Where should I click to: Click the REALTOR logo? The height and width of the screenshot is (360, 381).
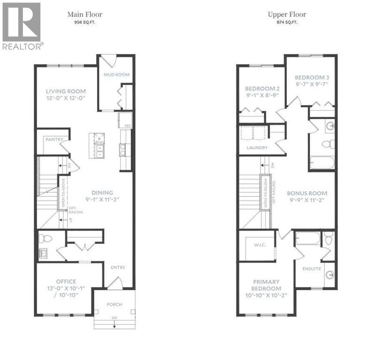[22, 26]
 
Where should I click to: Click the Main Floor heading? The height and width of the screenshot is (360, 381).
[84, 15]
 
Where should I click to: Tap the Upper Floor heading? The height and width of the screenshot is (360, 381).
[287, 15]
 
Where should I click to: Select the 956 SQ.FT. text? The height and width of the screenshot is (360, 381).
[85, 22]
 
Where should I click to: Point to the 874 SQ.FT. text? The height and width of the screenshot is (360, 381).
[287, 22]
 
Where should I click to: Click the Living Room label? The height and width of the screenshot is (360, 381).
[66, 91]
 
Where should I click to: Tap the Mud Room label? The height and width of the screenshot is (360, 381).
[116, 75]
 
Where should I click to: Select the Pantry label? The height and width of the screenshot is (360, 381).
[54, 140]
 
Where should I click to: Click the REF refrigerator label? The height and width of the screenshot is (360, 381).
[127, 126]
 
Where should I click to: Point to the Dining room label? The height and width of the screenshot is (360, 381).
[102, 192]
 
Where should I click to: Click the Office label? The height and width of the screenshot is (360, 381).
[66, 281]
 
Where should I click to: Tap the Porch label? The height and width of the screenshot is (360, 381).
[114, 304]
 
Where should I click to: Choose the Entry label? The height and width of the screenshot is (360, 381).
[118, 267]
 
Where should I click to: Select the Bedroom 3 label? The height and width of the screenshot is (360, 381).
[310, 77]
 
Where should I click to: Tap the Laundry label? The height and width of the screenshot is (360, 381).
[257, 148]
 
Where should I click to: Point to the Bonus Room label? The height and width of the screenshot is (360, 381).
[307, 193]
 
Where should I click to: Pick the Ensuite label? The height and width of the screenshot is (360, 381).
[311, 269]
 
